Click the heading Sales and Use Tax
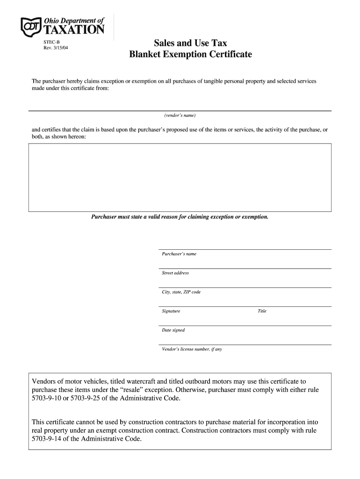coord(190,44)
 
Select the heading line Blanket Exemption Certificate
coord(190,55)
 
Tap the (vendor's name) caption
coord(180,116)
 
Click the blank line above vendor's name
coord(180,110)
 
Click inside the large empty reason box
coord(180,177)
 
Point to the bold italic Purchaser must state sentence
coord(180,218)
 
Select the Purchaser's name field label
coord(179,254)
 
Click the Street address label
coord(175,273)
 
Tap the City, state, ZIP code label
coord(181,292)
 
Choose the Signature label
coord(171,311)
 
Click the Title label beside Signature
coord(262,311)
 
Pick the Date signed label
coord(173,330)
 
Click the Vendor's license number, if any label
coord(192,349)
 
